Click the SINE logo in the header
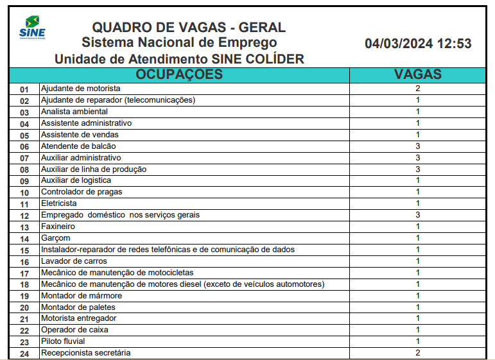point(32,29)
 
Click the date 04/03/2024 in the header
point(399,44)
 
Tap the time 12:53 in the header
point(454,44)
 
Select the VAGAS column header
point(417,74)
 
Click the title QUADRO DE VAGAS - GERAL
point(189,28)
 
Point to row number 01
point(24,89)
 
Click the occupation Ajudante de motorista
point(80,89)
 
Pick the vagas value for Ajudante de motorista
point(417,89)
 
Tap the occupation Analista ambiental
point(74,112)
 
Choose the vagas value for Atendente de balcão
point(417,146)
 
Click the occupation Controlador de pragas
point(82,192)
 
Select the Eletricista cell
point(59,203)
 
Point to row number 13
point(24,227)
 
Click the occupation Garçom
point(56,238)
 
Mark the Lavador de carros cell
point(74,261)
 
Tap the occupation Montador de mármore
point(82,296)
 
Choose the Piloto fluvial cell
point(63,341)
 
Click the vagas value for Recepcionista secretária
point(417,353)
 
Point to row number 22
point(24,330)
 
